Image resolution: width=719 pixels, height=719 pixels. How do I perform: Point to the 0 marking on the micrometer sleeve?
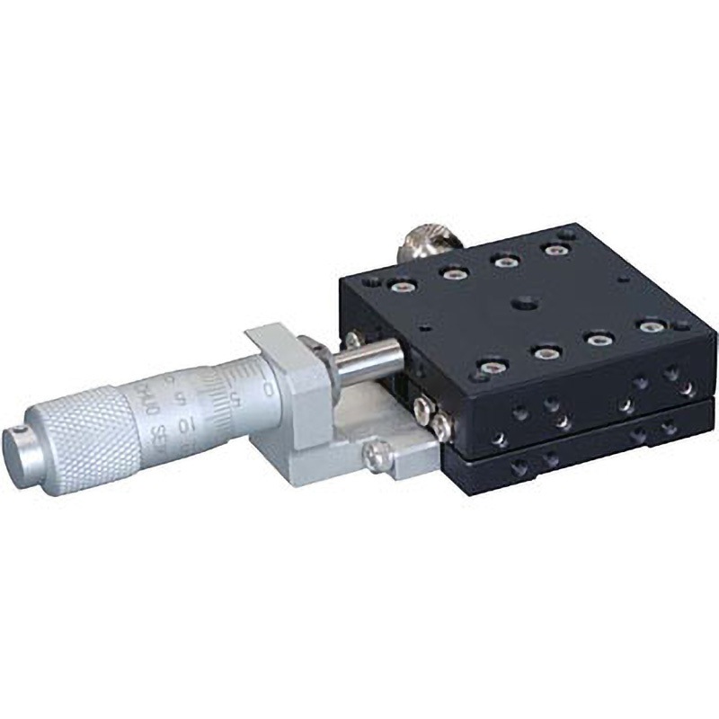pos(269,388)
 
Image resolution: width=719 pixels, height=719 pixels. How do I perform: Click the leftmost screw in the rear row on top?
pos(399,287)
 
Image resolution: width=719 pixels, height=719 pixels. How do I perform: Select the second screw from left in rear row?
pos(453,272)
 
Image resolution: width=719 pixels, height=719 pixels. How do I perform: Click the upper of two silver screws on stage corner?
pos(425,410)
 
